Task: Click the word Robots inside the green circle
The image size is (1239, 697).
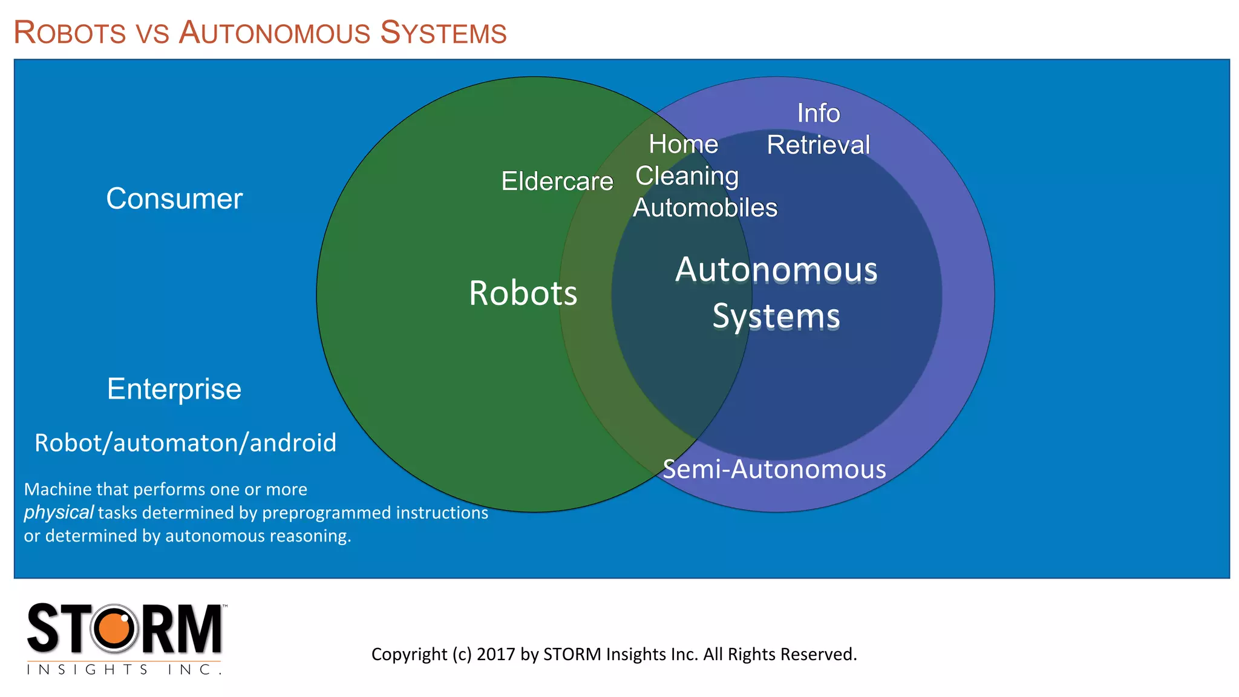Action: [x=523, y=293]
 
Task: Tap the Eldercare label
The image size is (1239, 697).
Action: [x=557, y=182]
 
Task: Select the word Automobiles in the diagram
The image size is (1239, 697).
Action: [x=705, y=208]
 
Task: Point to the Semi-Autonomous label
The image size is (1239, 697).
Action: [x=774, y=470]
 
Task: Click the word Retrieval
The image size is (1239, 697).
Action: [x=819, y=145]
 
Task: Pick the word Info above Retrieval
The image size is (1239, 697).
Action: [x=819, y=113]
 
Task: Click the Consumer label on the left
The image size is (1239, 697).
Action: [x=174, y=199]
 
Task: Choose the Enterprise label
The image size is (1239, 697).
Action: [x=174, y=389]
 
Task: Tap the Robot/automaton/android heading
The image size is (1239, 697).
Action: [x=185, y=443]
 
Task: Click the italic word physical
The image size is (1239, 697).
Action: [x=59, y=512]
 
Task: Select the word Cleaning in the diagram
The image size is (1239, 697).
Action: [x=687, y=176]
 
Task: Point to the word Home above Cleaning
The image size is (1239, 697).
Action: [x=684, y=145]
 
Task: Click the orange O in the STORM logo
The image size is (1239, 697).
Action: [x=114, y=629]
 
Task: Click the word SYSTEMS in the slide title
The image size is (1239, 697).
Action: [x=443, y=33]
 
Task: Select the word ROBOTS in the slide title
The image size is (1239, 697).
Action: [x=70, y=33]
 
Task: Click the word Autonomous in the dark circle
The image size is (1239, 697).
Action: [x=776, y=270]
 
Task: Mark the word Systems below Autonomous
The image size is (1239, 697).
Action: [x=776, y=316]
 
